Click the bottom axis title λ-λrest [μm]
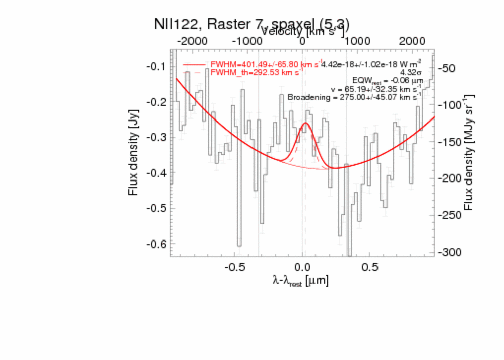point(300,281)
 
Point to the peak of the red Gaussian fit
point(305,123)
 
